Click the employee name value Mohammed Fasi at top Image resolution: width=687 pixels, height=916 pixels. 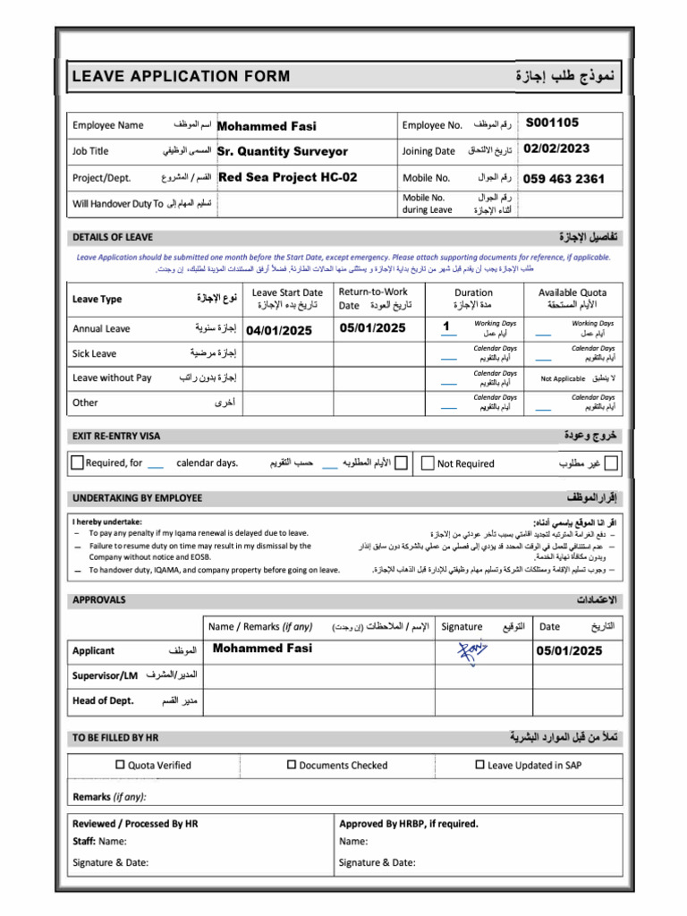click(x=267, y=126)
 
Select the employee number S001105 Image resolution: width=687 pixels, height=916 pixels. click(x=552, y=123)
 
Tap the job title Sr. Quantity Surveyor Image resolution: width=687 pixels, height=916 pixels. click(x=283, y=151)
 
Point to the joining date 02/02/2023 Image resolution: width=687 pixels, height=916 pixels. click(x=556, y=149)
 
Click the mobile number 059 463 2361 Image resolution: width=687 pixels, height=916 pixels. click(x=564, y=179)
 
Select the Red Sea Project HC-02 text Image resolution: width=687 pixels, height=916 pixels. click(x=287, y=177)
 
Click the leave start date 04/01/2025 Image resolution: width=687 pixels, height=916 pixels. click(x=279, y=331)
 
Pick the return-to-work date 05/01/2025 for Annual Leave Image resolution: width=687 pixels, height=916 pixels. click(x=373, y=327)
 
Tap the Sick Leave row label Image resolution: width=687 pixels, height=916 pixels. click(x=94, y=353)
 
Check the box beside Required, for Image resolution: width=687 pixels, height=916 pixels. click(x=78, y=462)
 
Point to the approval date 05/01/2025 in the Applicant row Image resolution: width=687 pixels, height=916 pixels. click(x=570, y=650)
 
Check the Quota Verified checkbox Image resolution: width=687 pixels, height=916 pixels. click(x=121, y=765)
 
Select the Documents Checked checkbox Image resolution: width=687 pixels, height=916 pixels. click(x=292, y=765)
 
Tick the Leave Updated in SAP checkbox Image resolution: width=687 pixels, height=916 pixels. click(x=479, y=765)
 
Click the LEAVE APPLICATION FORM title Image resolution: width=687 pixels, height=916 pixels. click(x=181, y=76)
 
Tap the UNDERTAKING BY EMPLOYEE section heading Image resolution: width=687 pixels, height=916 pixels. click(x=137, y=497)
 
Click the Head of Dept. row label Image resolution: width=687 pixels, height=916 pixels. click(x=103, y=700)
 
